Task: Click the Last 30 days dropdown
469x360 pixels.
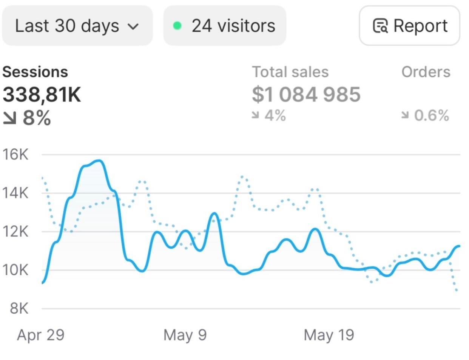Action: click(77, 26)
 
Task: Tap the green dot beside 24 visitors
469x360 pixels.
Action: click(177, 26)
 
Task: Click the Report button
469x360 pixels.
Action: click(410, 26)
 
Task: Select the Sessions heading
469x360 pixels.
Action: click(35, 72)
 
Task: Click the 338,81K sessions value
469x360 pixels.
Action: click(42, 94)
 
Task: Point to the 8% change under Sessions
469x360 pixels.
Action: click(27, 118)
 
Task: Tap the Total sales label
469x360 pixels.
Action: click(290, 72)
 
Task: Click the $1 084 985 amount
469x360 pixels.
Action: click(306, 94)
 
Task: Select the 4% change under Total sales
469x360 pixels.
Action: click(269, 115)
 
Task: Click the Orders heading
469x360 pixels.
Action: click(426, 72)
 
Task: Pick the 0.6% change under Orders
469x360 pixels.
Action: click(426, 115)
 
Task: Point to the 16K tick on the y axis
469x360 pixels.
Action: click(15, 154)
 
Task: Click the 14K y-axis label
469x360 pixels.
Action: click(15, 193)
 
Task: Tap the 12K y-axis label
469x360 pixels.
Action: click(15, 232)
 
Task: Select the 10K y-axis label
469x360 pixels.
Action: click(15, 270)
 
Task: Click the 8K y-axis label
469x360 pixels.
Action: click(19, 309)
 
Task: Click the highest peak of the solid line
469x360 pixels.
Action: click(100, 161)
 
